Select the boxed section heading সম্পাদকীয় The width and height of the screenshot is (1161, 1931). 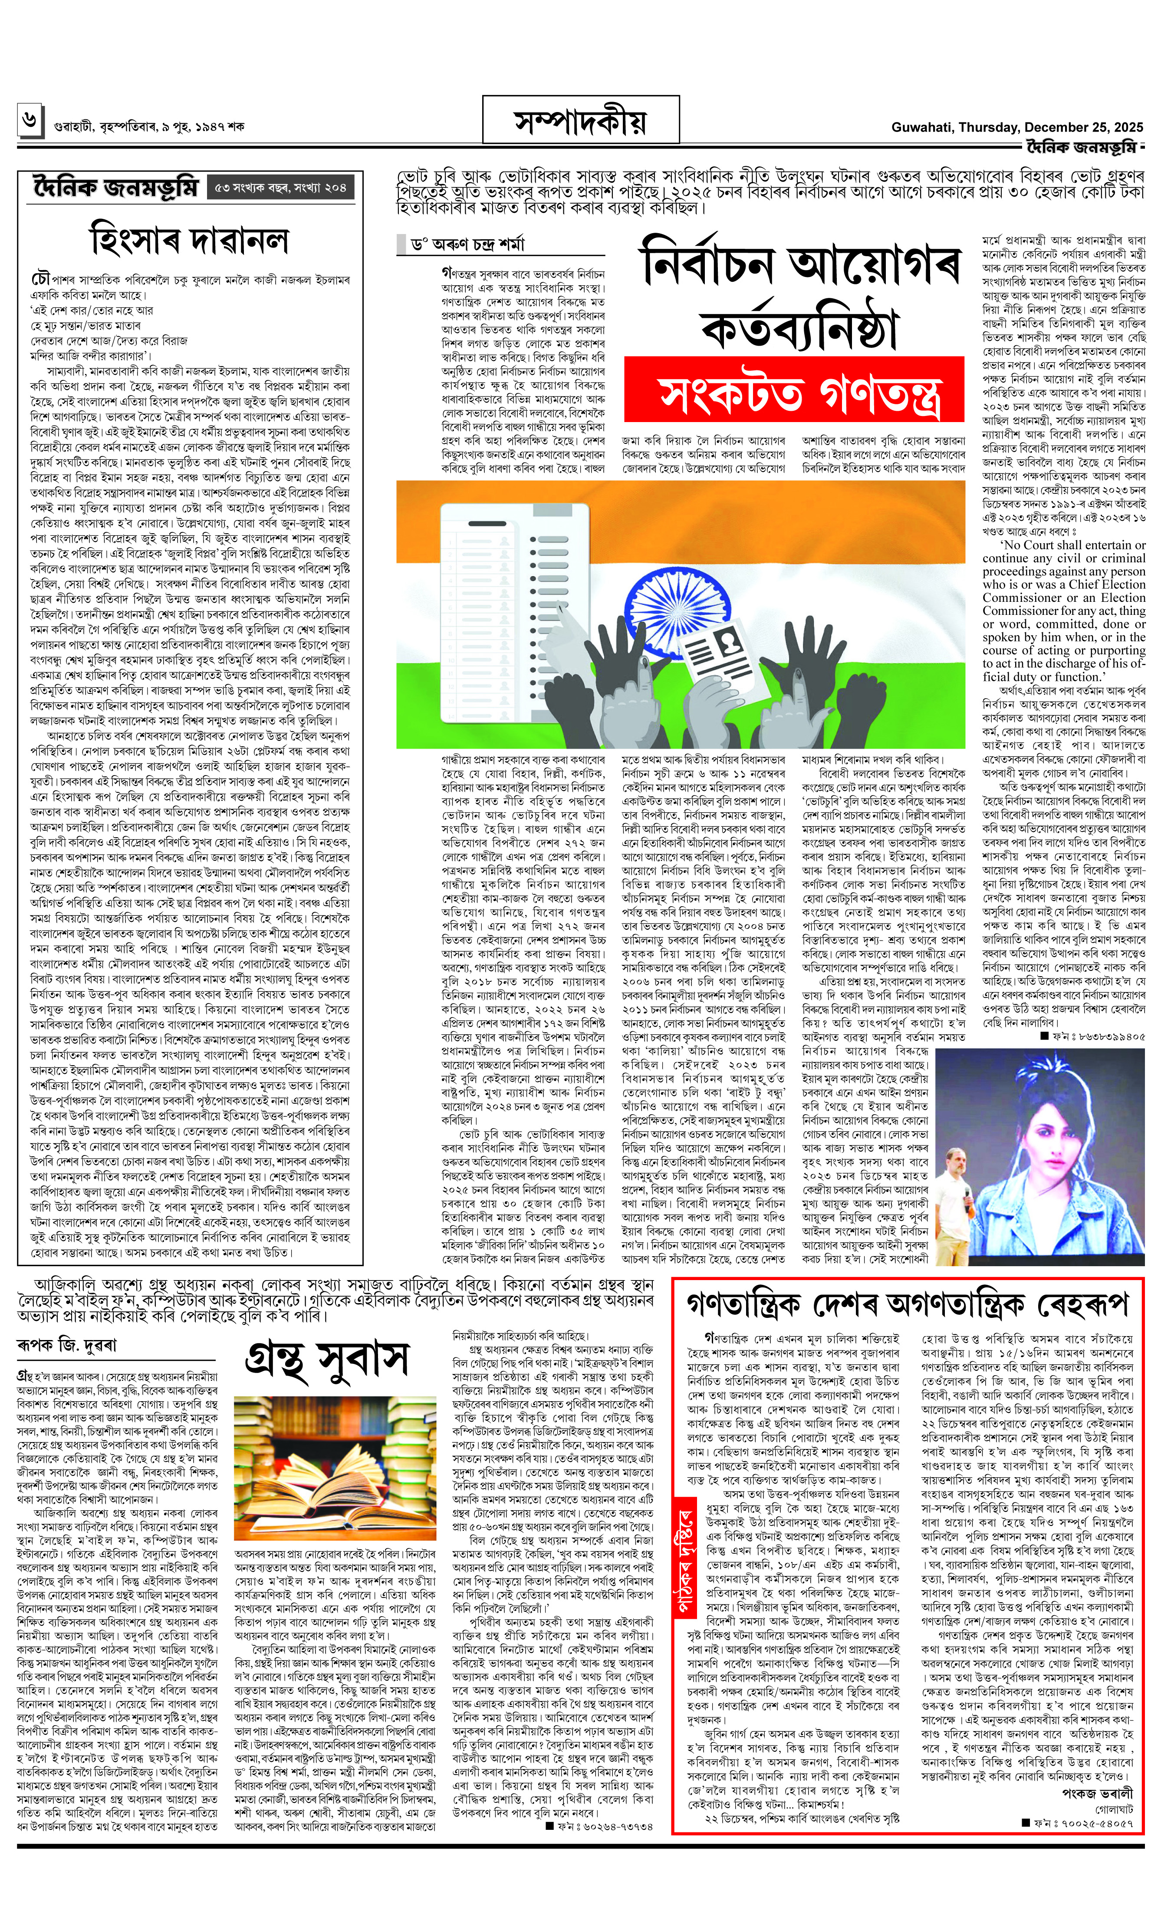581,123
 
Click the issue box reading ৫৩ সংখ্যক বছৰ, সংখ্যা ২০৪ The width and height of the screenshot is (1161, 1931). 281,188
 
